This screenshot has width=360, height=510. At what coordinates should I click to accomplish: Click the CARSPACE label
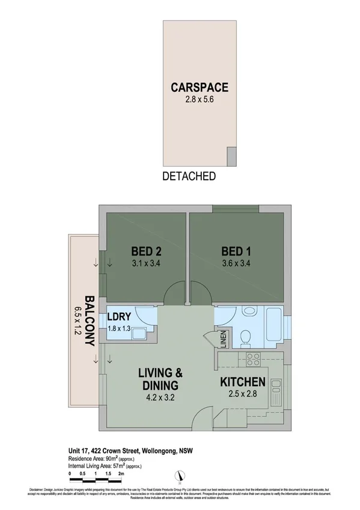[x=199, y=87]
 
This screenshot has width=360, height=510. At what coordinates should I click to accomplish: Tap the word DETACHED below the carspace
[x=189, y=176]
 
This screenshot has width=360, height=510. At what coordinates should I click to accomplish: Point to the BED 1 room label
[x=236, y=251]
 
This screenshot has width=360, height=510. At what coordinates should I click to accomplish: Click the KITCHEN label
[x=242, y=382]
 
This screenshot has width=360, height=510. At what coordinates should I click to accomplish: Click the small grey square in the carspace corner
[x=231, y=158]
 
